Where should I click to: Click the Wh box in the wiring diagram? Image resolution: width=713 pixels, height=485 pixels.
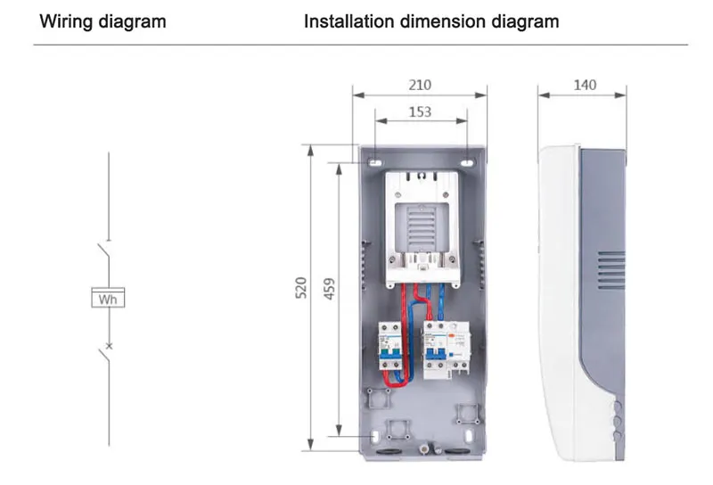[109, 299]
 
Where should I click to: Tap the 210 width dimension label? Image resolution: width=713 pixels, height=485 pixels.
[420, 85]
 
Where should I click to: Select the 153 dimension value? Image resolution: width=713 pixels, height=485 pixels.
[420, 111]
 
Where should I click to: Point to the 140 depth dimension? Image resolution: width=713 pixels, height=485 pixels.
[585, 85]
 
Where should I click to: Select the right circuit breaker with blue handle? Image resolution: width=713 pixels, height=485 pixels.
[438, 350]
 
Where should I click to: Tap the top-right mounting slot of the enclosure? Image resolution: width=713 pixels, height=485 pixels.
[467, 163]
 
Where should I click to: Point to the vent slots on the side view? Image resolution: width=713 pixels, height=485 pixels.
[610, 267]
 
